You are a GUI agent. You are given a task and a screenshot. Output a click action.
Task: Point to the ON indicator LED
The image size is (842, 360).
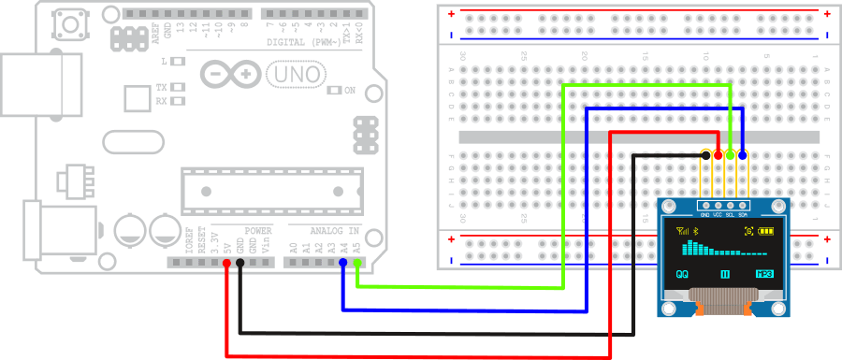coord(334,91)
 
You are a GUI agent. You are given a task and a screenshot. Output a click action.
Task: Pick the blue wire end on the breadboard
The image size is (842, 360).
coord(743,154)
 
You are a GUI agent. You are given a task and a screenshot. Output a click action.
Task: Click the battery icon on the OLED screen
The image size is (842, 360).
coord(767,231)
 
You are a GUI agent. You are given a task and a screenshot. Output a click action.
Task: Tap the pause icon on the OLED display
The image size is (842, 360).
coord(724,275)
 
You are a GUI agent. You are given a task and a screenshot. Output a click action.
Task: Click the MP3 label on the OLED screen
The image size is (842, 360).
coord(764,275)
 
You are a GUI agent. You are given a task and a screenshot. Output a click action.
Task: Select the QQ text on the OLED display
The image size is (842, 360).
coord(682,275)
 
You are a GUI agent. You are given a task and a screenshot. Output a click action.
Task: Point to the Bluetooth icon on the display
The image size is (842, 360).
coord(694,231)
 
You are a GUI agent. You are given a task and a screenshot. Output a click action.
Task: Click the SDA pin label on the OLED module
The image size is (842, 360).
coord(742,215)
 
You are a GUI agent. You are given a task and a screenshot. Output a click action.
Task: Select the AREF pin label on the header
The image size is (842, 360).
coord(156,28)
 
